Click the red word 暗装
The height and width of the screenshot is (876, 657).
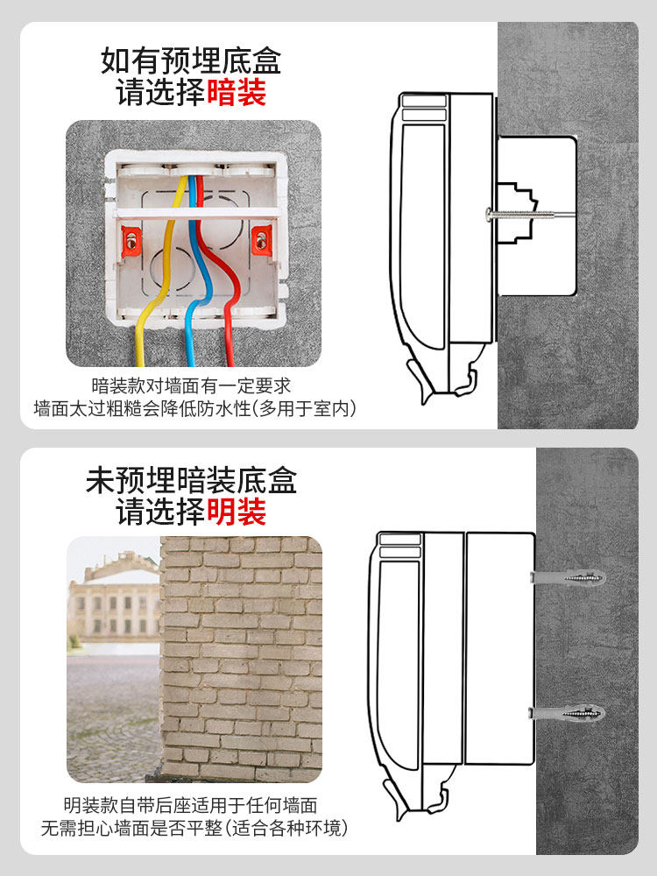coord(237,92)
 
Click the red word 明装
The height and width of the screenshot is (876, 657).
coord(237,512)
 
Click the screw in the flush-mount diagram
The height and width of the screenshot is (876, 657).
coord(517,213)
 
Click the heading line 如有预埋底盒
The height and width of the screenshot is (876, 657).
coord(192,61)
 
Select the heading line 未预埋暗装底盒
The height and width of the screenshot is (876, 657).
coord(192,480)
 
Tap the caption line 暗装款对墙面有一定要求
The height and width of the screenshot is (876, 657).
coord(191,385)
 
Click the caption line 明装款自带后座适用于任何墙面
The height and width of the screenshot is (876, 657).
coord(190,805)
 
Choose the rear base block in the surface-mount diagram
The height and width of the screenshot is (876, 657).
coord(499,648)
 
